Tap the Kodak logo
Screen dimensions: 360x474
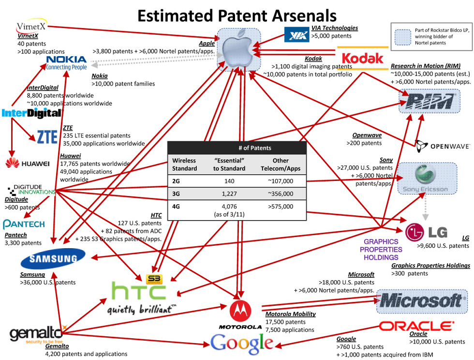(x=362, y=59)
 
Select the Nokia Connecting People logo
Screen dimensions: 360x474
(x=66, y=62)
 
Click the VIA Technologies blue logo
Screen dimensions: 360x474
(x=296, y=34)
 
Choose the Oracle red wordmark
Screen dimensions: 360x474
(x=416, y=326)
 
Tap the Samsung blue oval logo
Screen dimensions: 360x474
(x=53, y=260)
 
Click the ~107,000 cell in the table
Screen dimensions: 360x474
(x=281, y=181)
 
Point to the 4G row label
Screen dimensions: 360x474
(x=177, y=207)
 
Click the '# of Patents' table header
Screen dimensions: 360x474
(x=255, y=148)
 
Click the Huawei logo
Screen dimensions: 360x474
(x=28, y=164)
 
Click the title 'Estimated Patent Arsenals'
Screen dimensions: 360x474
(x=237, y=15)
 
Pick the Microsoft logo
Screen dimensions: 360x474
(x=421, y=300)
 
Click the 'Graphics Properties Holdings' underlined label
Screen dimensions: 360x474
(x=430, y=265)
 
